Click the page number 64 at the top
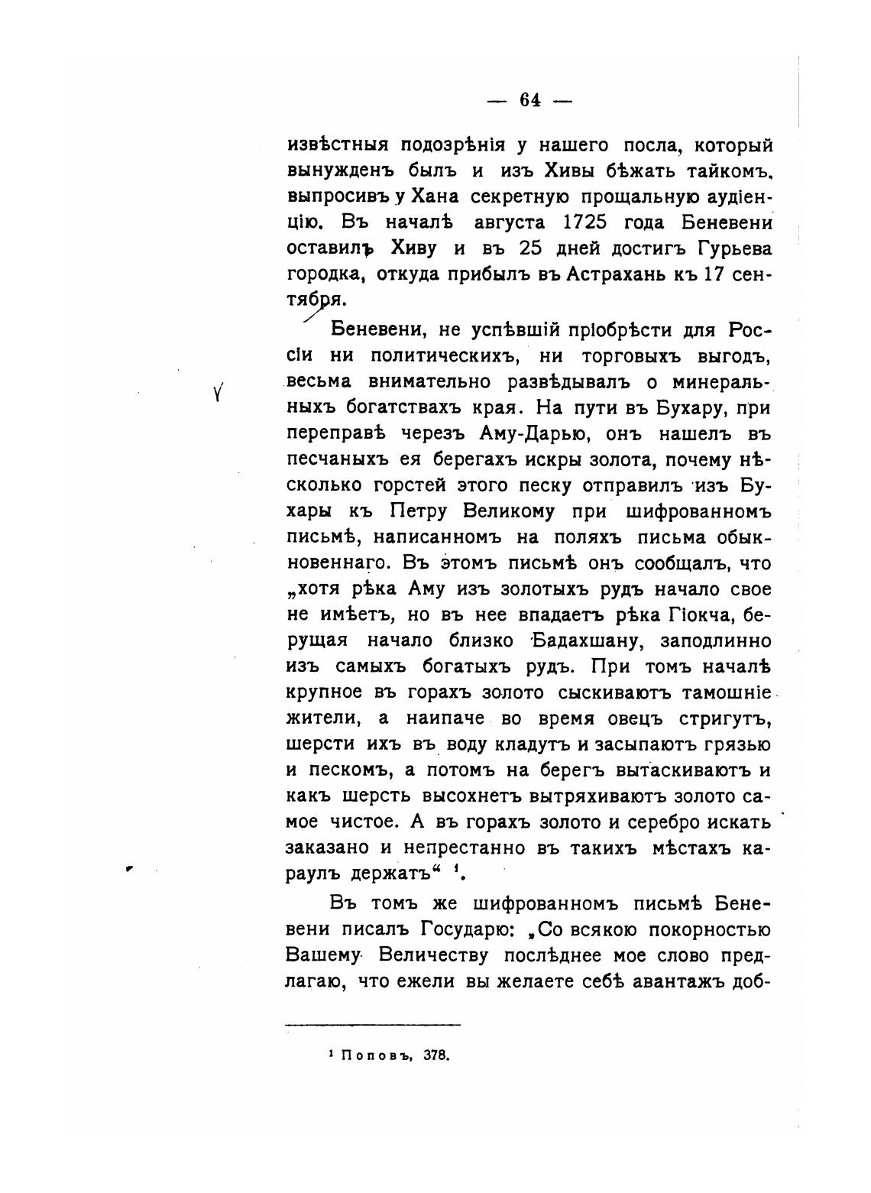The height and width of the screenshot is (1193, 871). click(x=530, y=100)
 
